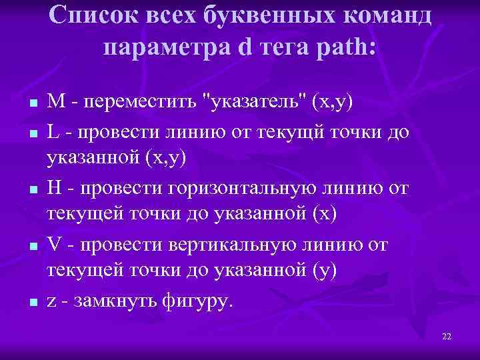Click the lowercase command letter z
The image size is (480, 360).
[x=51, y=301]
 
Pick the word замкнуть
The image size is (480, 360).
[x=106, y=301]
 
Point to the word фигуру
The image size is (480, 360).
[x=197, y=301]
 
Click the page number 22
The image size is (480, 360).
[x=447, y=337]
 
